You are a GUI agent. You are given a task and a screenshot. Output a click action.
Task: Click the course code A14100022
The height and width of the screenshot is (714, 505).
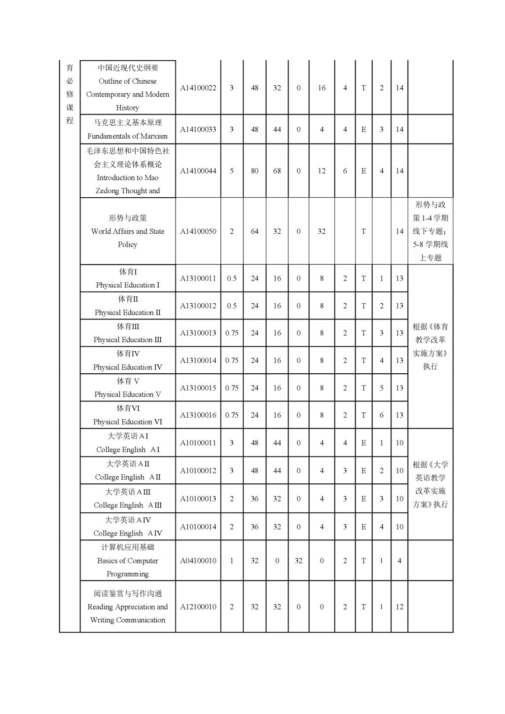pyautogui.click(x=198, y=88)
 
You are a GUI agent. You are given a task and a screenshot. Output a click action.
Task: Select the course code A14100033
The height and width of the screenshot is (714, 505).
pyautogui.click(x=198, y=129)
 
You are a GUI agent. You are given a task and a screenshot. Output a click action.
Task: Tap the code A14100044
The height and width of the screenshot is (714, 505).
pyautogui.click(x=198, y=171)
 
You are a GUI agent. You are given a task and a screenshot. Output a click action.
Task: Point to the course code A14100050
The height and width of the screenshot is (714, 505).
pyautogui.click(x=198, y=231)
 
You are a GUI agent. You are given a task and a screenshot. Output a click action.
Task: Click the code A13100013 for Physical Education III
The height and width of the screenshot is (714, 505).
pyautogui.click(x=198, y=333)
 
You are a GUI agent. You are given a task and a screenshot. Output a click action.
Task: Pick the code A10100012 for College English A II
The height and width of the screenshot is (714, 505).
pyautogui.click(x=198, y=470)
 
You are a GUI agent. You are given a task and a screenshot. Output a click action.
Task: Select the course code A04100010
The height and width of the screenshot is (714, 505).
pyautogui.click(x=198, y=561)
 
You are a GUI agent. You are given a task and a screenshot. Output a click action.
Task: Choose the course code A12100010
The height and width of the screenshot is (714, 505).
pyautogui.click(x=198, y=607)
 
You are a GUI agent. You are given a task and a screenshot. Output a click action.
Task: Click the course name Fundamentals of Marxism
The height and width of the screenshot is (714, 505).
pyautogui.click(x=127, y=136)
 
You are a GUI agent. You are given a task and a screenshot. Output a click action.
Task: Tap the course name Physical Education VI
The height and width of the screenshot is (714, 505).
pyautogui.click(x=127, y=422)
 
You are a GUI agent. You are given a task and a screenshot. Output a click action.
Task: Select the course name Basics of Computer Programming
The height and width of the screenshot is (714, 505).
pyautogui.click(x=127, y=567)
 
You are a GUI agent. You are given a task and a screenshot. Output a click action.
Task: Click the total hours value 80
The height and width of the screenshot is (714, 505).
pyautogui.click(x=254, y=171)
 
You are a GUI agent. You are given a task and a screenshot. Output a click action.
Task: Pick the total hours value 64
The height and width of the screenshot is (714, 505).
pyautogui.click(x=254, y=231)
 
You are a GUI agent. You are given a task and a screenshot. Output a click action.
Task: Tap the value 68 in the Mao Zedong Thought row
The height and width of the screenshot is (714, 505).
pyautogui.click(x=277, y=171)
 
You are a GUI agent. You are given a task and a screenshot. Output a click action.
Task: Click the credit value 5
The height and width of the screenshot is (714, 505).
pyautogui.click(x=232, y=171)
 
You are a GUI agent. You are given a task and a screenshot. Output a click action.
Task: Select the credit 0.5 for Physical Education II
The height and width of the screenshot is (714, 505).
pyautogui.click(x=232, y=306)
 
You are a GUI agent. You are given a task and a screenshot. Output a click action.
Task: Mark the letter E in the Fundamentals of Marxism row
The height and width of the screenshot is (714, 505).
pyautogui.click(x=363, y=129)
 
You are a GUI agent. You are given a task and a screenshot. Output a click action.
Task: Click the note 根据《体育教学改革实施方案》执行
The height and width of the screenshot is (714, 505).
pyautogui.click(x=430, y=346)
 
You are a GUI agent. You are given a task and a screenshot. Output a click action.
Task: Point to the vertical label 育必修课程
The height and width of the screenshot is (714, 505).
pyautogui.click(x=70, y=94)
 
